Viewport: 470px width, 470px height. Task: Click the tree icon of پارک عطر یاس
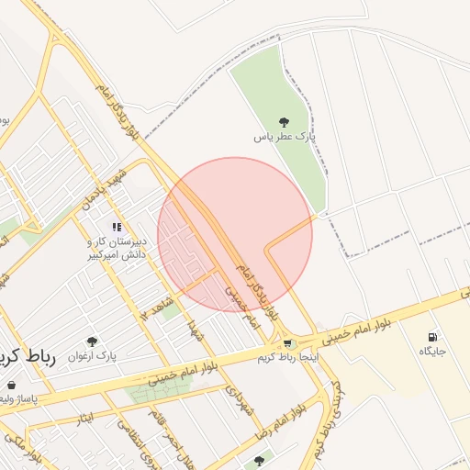(x=284, y=122)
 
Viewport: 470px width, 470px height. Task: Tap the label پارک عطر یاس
(x=285, y=137)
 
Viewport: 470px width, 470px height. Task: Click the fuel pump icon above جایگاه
(x=432, y=337)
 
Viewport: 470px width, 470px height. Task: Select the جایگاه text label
(x=432, y=352)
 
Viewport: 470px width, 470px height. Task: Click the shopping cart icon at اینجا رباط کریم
(x=288, y=343)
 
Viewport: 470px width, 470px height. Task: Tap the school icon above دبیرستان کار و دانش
(x=117, y=226)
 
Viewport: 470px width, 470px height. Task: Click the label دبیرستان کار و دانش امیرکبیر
(x=117, y=247)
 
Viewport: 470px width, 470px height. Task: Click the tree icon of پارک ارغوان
(x=91, y=341)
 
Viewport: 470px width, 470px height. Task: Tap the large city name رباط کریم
(x=27, y=358)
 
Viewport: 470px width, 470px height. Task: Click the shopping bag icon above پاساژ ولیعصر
(x=11, y=386)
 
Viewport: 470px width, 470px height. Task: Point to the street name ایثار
(x=85, y=419)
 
